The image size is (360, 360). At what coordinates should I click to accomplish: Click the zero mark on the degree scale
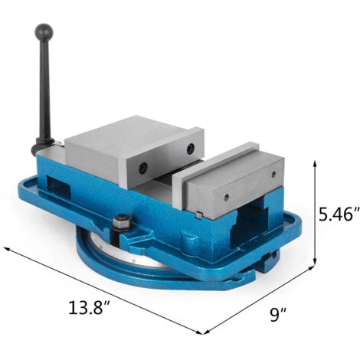pos(135,263)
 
